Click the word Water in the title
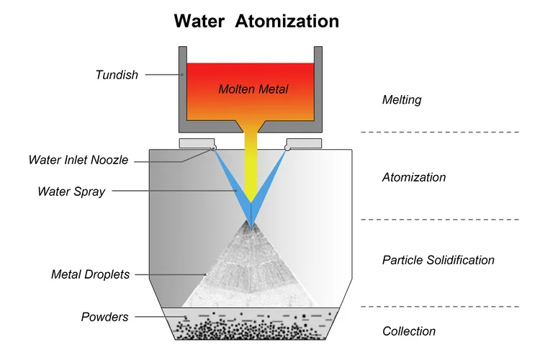click(202, 21)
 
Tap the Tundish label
click(116, 74)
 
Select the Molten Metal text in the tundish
click(253, 89)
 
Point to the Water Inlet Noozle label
click(78, 160)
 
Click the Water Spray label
click(71, 192)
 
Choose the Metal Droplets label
click(90, 274)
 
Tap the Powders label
click(105, 317)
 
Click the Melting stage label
click(401, 100)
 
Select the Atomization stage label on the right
click(414, 177)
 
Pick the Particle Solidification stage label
click(438, 260)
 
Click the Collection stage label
click(408, 331)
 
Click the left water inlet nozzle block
click(197, 143)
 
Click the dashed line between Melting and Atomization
click(439, 132)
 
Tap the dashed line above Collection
click(439, 306)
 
